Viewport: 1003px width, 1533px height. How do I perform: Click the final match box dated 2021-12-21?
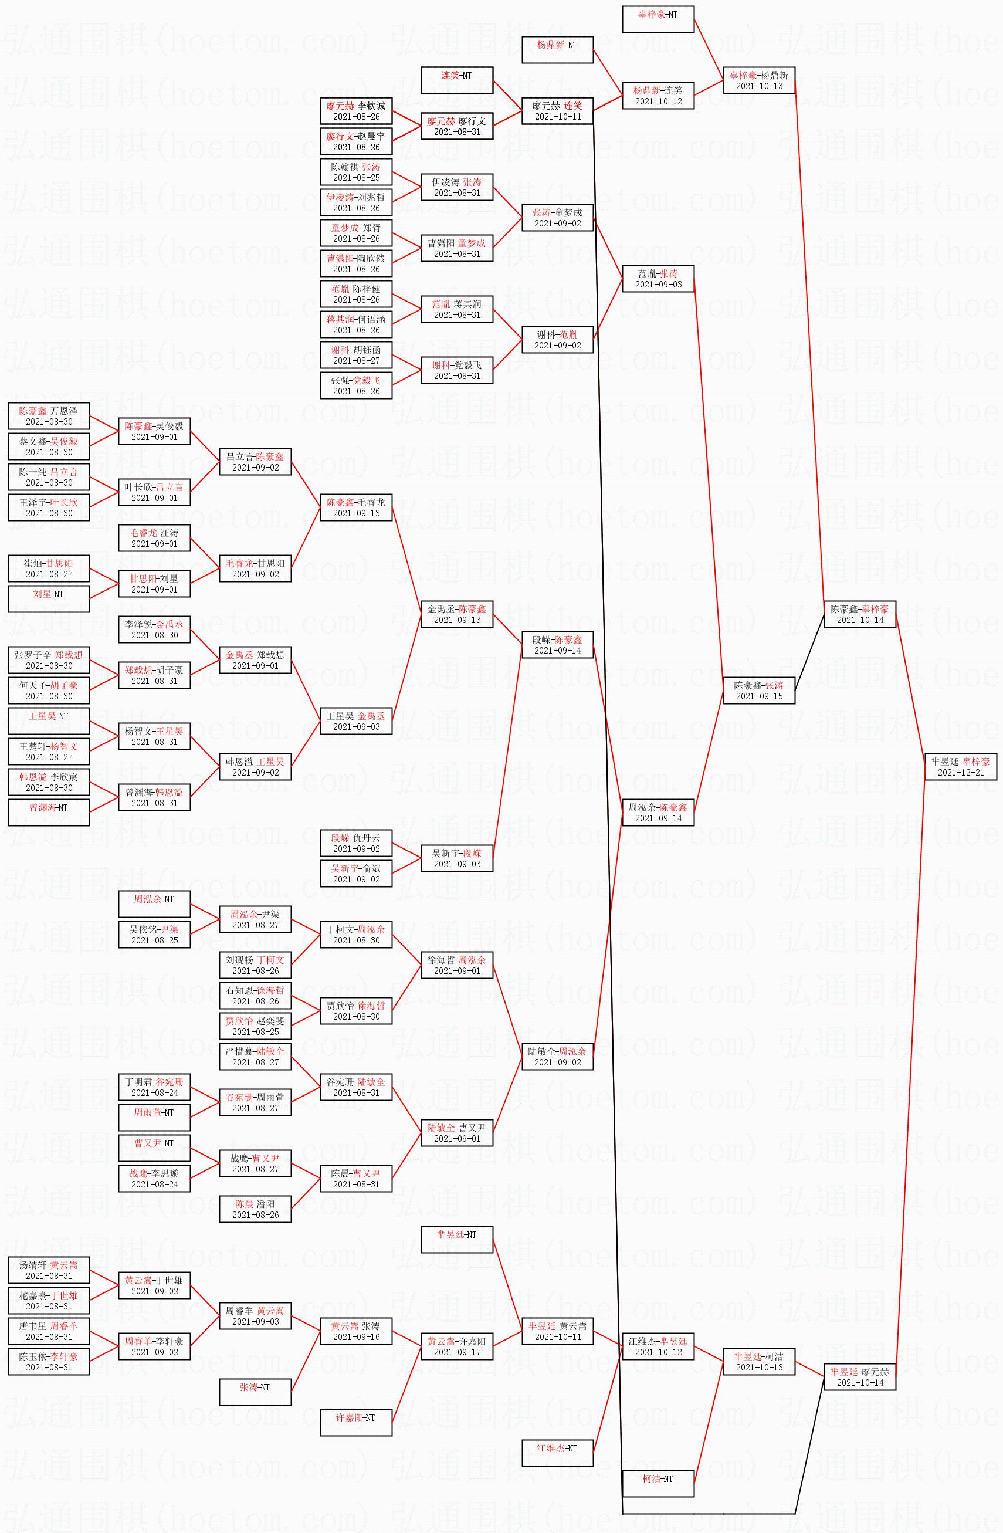click(961, 766)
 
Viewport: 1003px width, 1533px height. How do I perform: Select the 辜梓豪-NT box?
click(658, 19)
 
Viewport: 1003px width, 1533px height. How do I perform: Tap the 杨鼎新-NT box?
click(557, 50)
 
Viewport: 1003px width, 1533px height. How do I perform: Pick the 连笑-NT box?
click(456, 80)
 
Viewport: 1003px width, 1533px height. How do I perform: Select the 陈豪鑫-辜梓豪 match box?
click(859, 614)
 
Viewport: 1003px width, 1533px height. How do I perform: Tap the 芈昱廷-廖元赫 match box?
click(859, 1376)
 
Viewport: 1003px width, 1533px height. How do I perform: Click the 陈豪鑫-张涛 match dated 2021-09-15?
click(758, 690)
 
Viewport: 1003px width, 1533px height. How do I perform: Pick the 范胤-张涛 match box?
click(658, 278)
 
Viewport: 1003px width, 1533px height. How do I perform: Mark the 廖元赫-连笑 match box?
click(557, 110)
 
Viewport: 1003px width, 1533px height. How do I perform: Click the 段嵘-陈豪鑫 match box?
click(557, 644)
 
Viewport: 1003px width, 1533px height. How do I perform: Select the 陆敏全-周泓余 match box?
click(557, 1057)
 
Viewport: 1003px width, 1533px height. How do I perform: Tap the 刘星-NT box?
click(48, 598)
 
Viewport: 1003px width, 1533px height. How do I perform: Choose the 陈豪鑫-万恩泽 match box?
click(48, 415)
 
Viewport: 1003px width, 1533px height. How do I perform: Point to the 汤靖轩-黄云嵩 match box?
click(48, 1270)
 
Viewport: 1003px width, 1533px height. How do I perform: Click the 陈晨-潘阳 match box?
click(255, 1209)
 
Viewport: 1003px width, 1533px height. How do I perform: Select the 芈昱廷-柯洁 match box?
click(758, 1361)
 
